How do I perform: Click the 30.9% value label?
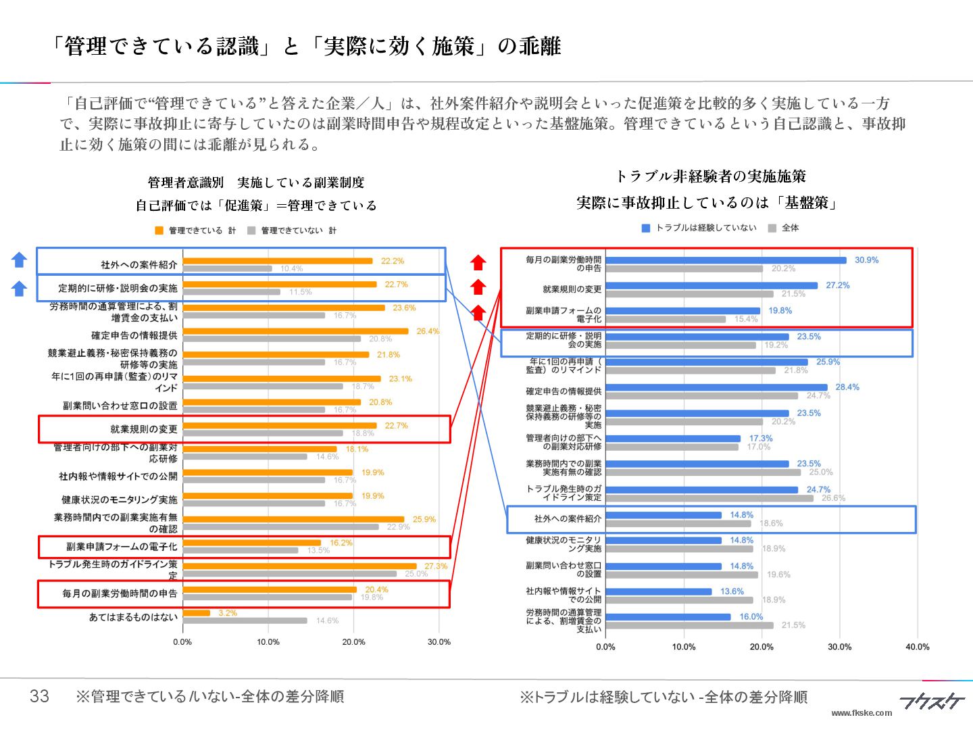tap(866, 260)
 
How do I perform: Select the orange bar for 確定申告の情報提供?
tap(295, 331)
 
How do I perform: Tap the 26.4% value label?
tap(428, 331)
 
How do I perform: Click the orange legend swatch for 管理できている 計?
tap(159, 230)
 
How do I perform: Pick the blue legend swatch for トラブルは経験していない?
tap(645, 228)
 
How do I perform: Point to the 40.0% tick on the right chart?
tap(917, 647)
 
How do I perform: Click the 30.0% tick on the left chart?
tap(439, 642)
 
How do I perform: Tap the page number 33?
tap(39, 696)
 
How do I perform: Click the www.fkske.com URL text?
tap(861, 712)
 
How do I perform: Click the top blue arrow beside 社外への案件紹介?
tap(20, 260)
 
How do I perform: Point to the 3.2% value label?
tap(228, 613)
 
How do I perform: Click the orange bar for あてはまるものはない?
tap(197, 613)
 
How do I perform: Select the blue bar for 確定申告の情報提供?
tap(716, 387)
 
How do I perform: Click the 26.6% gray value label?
tap(833, 498)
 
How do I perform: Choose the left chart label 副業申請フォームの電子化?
tap(122, 547)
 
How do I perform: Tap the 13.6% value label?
tap(732, 591)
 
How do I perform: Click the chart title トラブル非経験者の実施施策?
tap(710, 176)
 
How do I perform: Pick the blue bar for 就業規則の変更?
tap(712, 286)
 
